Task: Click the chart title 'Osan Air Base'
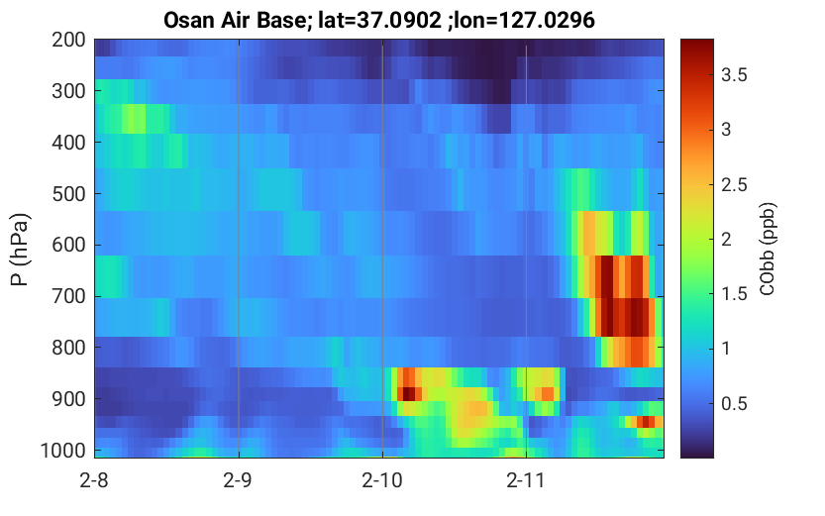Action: pos(235,20)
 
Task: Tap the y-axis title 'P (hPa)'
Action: pos(19,250)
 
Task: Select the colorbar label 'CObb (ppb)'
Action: pos(768,249)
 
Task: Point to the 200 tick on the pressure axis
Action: pos(68,40)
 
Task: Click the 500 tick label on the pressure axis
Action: pos(68,193)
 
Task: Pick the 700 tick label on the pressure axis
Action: pos(68,296)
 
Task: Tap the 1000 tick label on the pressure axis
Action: pos(63,451)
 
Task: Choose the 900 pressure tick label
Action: pos(68,399)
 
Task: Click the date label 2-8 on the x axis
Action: pos(94,480)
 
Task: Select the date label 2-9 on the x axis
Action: pos(239,480)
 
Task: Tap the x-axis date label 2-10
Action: pos(382,480)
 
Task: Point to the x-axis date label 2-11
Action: pos(526,480)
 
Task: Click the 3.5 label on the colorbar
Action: pos(734,75)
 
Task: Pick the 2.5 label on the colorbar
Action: pos(734,184)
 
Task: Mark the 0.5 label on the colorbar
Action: pos(734,403)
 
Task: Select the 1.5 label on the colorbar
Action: pos(734,294)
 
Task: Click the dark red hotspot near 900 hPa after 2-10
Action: pos(409,393)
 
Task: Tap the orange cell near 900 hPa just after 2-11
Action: pos(547,393)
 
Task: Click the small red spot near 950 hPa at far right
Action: pos(646,421)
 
